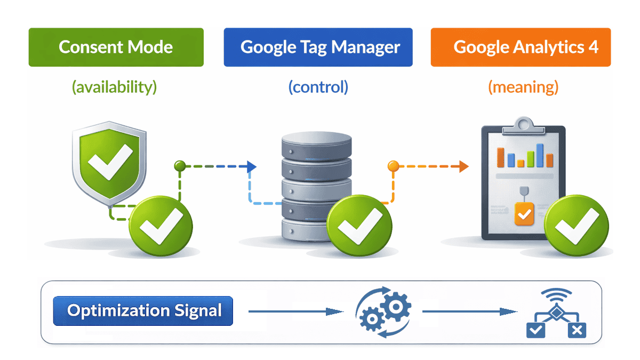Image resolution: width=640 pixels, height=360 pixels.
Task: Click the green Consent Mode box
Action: point(116,47)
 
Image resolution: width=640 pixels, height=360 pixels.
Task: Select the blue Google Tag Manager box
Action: point(318,47)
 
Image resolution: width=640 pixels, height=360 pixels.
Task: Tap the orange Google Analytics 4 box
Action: point(521,47)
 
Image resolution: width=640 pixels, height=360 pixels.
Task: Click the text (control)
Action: point(318,87)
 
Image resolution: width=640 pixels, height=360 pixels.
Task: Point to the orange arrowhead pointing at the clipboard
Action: point(463,167)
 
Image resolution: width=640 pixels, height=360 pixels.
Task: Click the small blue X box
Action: point(576,330)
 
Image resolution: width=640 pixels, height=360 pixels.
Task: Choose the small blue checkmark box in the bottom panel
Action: point(535,330)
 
